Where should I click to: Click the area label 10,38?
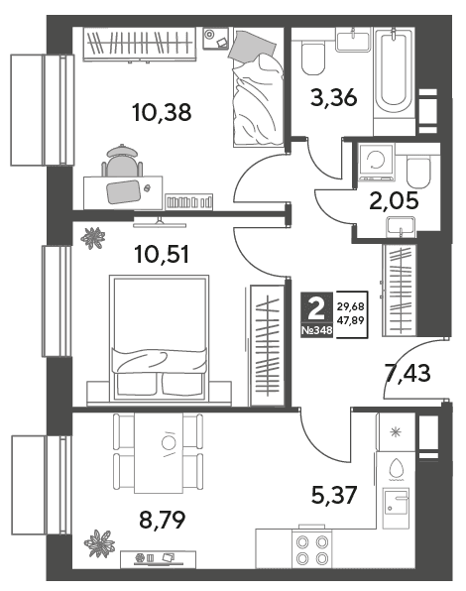(x=162, y=112)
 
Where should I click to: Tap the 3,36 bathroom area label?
(x=334, y=97)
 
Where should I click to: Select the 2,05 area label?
(x=394, y=200)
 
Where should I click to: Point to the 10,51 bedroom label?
(x=162, y=254)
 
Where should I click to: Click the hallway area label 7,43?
(x=408, y=373)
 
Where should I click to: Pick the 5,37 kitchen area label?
(x=334, y=495)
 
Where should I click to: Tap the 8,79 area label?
(x=163, y=521)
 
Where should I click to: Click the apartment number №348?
(x=317, y=330)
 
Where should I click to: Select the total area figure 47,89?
(x=350, y=320)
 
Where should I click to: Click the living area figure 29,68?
(x=350, y=306)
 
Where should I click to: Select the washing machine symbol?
(x=377, y=162)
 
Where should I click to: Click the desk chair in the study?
(x=122, y=161)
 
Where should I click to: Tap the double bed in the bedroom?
(x=159, y=338)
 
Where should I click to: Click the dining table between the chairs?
(x=159, y=453)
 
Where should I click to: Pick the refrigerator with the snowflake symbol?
(x=396, y=431)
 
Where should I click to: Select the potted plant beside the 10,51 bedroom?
(x=92, y=238)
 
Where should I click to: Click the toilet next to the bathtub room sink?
(x=313, y=59)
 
